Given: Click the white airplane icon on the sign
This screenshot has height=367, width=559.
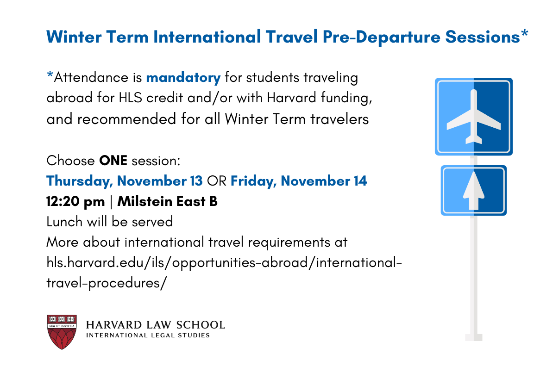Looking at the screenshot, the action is (x=473, y=117).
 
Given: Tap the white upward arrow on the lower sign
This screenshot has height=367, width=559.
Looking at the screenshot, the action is (x=473, y=191).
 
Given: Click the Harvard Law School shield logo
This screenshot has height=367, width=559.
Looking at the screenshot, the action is (x=62, y=332).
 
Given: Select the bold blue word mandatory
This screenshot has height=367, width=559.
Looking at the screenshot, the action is (x=183, y=78).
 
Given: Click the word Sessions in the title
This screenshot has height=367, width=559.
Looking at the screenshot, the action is (x=483, y=37).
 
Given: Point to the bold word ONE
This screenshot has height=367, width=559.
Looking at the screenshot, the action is (x=113, y=160).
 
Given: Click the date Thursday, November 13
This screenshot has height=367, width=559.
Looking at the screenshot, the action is (x=125, y=181).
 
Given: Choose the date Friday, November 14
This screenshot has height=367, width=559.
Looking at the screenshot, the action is (x=299, y=181).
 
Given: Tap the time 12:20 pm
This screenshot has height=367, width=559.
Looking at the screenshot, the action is (x=75, y=201).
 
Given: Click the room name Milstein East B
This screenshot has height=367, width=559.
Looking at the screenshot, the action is (x=168, y=201).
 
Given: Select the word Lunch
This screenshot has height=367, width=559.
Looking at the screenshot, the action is (x=64, y=222).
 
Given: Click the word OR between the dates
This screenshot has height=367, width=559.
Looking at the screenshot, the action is (x=217, y=181).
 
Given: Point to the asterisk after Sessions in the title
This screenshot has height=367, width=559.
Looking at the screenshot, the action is (x=525, y=33).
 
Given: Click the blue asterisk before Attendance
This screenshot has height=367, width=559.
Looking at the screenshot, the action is (x=50, y=75).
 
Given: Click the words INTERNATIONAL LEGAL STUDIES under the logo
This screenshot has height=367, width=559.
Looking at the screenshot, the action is (x=148, y=336).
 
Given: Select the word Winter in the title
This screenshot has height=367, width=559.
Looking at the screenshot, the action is (x=74, y=37).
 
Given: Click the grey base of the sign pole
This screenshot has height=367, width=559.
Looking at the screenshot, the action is (x=474, y=337).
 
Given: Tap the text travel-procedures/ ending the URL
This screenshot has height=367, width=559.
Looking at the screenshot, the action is (x=107, y=283).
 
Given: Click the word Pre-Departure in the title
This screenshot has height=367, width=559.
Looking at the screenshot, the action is (x=382, y=37).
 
